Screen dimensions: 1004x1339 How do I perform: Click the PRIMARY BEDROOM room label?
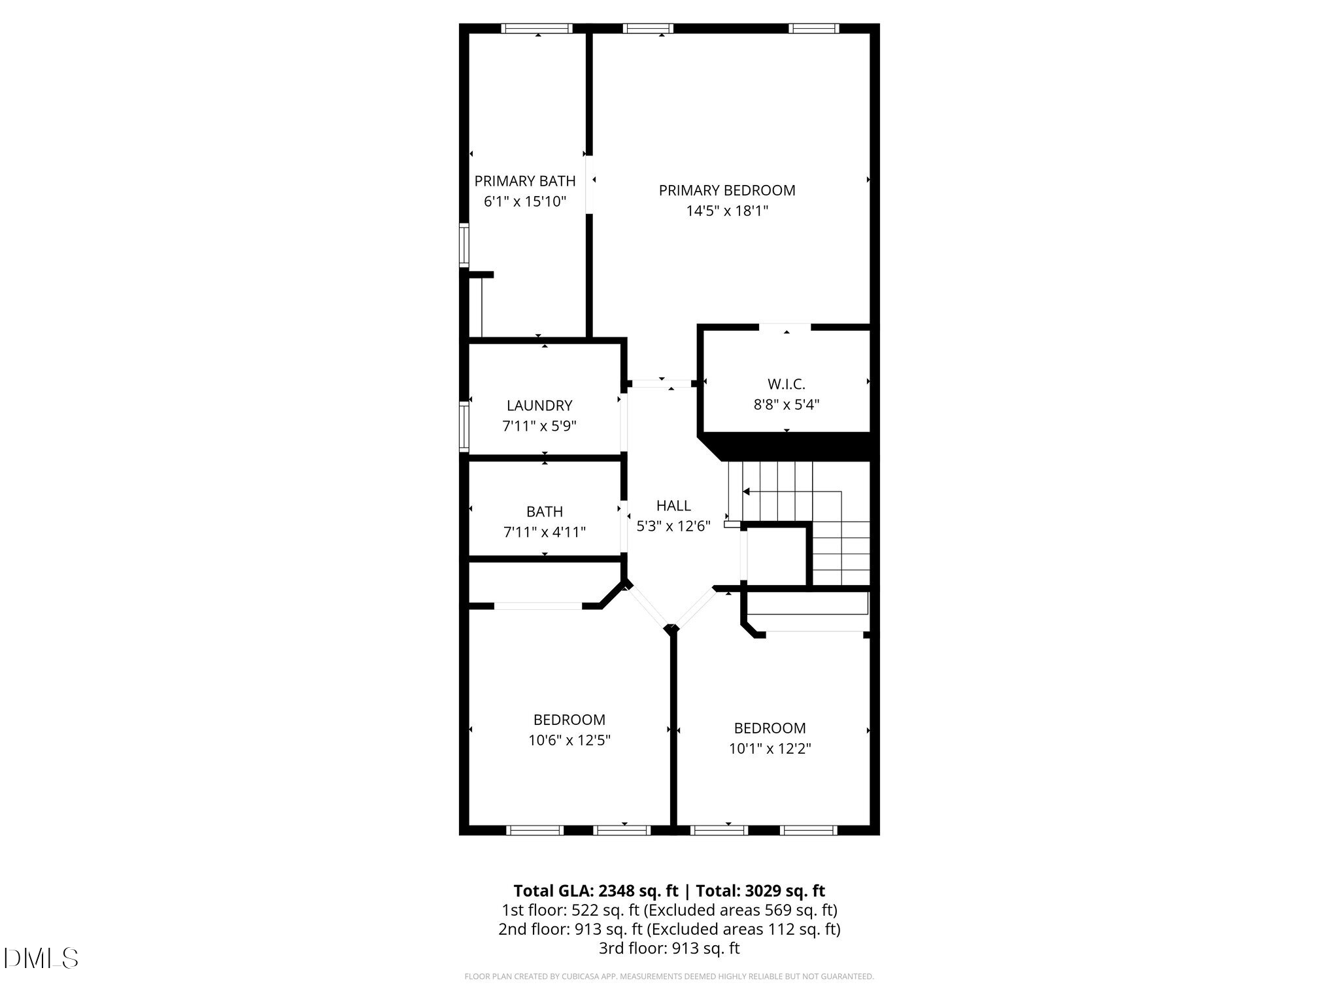point(726,190)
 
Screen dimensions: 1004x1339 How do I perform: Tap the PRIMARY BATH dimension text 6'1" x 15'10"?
point(524,201)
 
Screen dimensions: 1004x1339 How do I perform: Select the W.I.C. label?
point(786,384)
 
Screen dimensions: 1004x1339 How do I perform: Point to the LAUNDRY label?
point(539,406)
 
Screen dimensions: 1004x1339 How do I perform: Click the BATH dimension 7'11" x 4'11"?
point(544,532)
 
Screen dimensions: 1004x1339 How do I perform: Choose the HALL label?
point(673,505)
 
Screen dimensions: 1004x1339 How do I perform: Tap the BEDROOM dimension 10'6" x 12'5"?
point(569,740)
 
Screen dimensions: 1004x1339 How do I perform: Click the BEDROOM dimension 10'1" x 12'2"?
point(770,748)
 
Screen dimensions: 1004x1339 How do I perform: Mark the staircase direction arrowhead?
point(746,492)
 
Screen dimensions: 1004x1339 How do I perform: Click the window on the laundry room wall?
point(464,426)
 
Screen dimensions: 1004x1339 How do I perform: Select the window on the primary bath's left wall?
point(464,245)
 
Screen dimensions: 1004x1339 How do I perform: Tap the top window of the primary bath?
point(536,28)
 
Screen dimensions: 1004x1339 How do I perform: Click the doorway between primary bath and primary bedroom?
point(589,184)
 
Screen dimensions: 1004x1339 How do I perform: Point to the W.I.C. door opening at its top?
point(785,326)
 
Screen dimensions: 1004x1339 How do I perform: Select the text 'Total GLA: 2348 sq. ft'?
point(596,891)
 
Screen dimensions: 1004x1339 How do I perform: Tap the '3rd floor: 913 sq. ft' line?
point(669,948)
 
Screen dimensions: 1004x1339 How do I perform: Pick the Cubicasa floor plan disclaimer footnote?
point(669,977)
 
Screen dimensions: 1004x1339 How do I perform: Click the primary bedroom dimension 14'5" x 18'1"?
point(726,211)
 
